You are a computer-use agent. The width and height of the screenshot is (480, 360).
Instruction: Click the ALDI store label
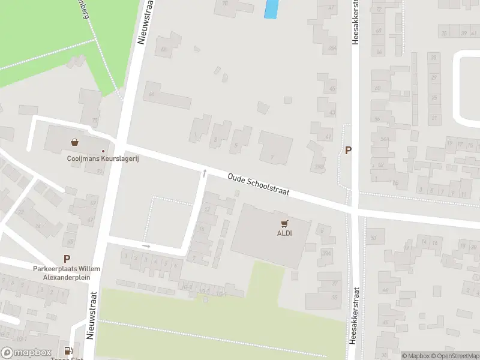[284, 233]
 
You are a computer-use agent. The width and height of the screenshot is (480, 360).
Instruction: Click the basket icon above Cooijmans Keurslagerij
[74, 143]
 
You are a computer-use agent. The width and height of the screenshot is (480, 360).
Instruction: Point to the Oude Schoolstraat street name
[259, 184]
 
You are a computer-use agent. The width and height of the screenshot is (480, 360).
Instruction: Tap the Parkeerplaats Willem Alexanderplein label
[67, 272]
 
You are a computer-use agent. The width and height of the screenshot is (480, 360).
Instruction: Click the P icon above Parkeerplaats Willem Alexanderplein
[67, 259]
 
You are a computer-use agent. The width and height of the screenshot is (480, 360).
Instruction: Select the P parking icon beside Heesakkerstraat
[348, 150]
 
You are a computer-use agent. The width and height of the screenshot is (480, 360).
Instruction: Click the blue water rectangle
[271, 8]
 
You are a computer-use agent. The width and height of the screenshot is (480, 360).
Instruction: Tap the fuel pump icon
[70, 351]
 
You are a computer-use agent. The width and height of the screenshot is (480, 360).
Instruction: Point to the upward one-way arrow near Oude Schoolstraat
[205, 173]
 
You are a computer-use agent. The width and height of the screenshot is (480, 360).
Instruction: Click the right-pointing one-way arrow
[146, 245]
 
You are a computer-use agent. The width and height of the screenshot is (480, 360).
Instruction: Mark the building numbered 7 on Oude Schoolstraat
[273, 157]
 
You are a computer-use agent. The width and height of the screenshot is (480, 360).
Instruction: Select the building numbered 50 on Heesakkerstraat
[373, 238]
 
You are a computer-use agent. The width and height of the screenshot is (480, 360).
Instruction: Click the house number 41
[328, 137]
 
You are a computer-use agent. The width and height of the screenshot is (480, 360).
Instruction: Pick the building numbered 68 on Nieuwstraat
[151, 94]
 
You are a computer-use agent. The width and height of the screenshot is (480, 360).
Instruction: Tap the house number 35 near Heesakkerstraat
[334, 296]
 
